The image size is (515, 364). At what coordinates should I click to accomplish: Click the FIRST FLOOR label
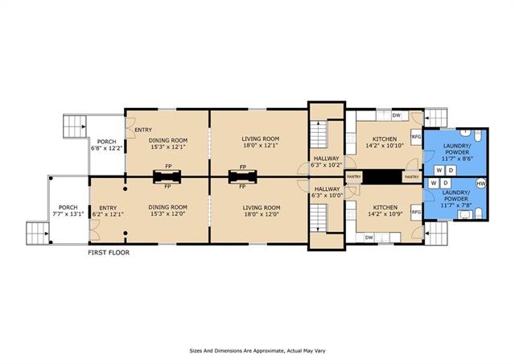(x=109, y=253)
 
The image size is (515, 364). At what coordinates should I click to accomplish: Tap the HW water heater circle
(x=481, y=183)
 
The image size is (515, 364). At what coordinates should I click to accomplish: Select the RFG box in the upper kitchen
(x=416, y=136)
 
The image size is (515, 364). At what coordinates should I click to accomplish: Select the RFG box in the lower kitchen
(x=416, y=212)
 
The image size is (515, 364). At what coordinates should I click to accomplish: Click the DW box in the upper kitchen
(x=397, y=115)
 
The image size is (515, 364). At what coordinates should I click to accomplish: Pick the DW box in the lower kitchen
(x=369, y=238)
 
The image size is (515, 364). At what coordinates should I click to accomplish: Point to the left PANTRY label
(x=354, y=177)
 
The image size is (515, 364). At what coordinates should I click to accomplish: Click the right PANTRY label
(x=412, y=177)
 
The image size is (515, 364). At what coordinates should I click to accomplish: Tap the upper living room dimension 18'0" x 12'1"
(x=261, y=145)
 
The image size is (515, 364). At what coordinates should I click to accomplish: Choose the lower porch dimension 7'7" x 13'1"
(x=68, y=213)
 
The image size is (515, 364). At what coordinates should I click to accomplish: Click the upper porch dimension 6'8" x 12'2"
(x=107, y=148)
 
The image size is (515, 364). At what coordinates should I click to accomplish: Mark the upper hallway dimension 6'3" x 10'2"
(x=327, y=165)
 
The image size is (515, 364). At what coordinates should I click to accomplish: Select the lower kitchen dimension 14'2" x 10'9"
(x=385, y=213)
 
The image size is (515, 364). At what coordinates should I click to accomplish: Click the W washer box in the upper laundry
(x=439, y=171)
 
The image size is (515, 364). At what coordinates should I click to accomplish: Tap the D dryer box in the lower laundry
(x=446, y=183)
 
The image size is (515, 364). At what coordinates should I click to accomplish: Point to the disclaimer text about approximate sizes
(x=257, y=351)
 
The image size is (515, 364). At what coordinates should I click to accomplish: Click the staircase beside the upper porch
(x=75, y=126)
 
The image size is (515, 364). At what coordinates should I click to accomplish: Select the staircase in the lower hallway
(x=319, y=218)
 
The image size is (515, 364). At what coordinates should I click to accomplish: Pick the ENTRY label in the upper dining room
(x=143, y=130)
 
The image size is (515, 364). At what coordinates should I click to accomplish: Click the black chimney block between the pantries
(x=382, y=177)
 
